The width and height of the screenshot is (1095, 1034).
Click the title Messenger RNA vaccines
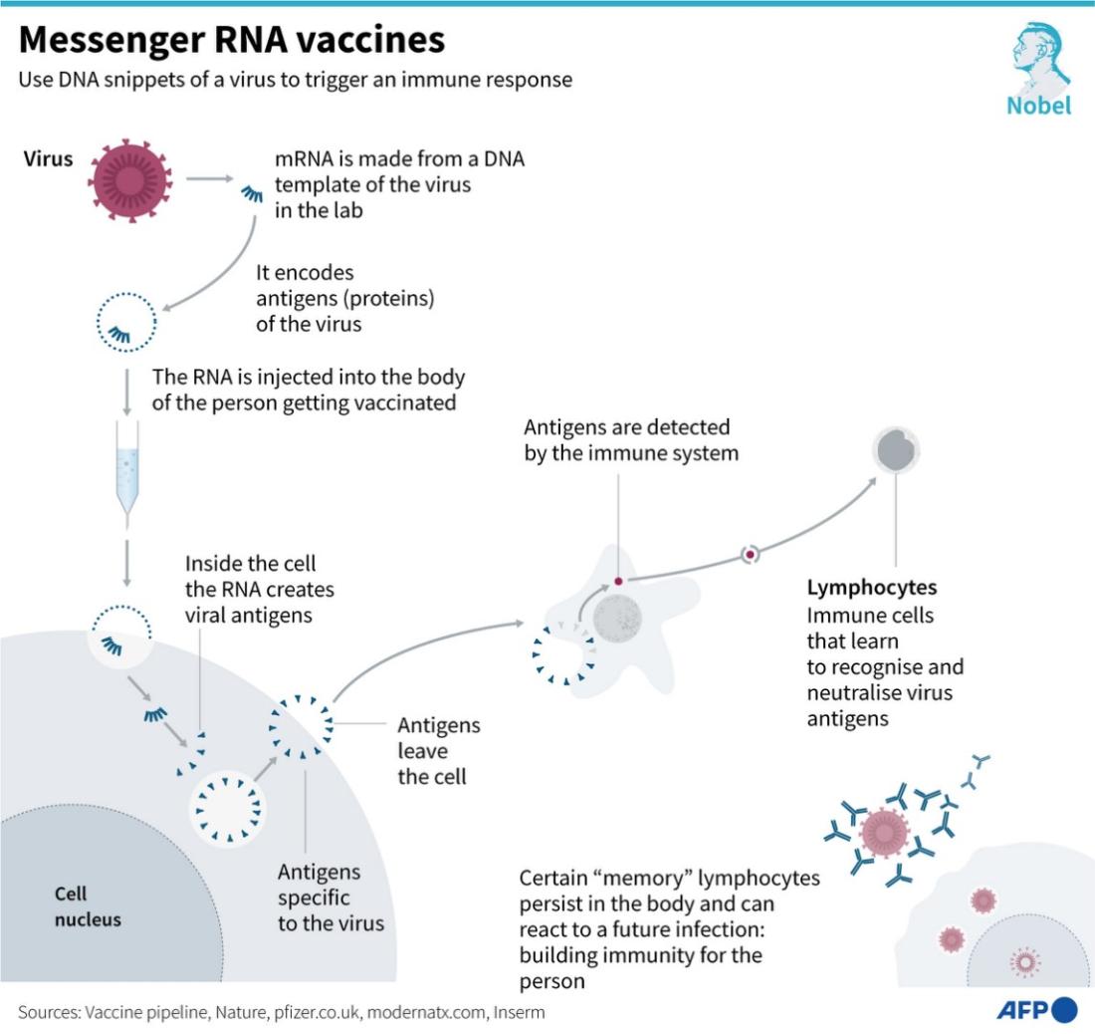[x=231, y=40]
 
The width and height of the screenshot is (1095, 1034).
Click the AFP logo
[x=1036, y=1010]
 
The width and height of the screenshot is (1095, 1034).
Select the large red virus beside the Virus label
[x=129, y=180]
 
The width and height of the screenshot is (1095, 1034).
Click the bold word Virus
[x=48, y=158]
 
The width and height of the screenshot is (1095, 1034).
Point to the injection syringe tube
[x=127, y=476]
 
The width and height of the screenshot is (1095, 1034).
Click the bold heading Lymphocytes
[x=872, y=588]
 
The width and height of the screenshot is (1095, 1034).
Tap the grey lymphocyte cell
[x=896, y=450]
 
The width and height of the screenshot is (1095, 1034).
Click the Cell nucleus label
[x=88, y=906]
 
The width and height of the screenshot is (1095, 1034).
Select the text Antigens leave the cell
[x=439, y=751]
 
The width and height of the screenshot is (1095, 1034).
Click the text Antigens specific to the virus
[x=330, y=898]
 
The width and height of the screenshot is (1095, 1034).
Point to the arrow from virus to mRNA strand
[x=209, y=179]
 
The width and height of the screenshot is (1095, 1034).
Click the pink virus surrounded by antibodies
[x=885, y=833]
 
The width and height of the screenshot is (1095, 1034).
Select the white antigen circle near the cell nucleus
[x=227, y=808]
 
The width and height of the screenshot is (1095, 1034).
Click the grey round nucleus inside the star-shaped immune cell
[x=617, y=619]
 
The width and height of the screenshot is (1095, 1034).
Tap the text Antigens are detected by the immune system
[x=631, y=440]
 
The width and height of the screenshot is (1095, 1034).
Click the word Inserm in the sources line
[x=519, y=1012]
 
